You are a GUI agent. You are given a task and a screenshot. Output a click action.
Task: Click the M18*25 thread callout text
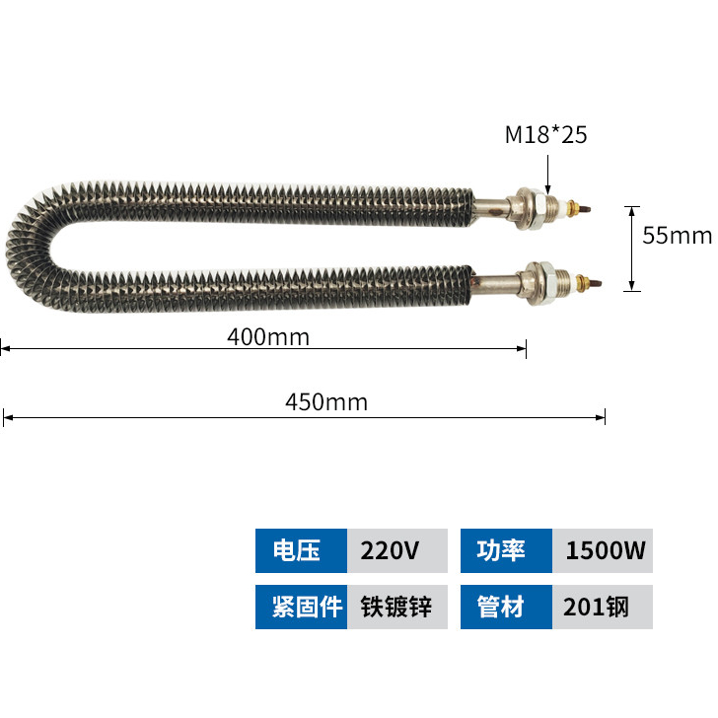(545, 134)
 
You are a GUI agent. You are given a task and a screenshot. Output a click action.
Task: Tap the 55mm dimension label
(677, 236)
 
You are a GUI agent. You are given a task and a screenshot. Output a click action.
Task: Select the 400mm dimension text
(268, 337)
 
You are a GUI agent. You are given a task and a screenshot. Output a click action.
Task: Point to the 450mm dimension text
(326, 402)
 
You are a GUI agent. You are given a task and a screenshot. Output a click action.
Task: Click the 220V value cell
(397, 550)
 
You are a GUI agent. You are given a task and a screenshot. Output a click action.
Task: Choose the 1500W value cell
(603, 550)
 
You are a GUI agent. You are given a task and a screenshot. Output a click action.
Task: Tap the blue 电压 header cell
(302, 550)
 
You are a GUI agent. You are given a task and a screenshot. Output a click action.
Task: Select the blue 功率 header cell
(507, 550)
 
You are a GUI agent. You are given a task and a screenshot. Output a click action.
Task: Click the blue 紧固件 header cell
(302, 607)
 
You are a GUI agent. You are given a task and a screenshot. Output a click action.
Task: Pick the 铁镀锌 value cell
(397, 607)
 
